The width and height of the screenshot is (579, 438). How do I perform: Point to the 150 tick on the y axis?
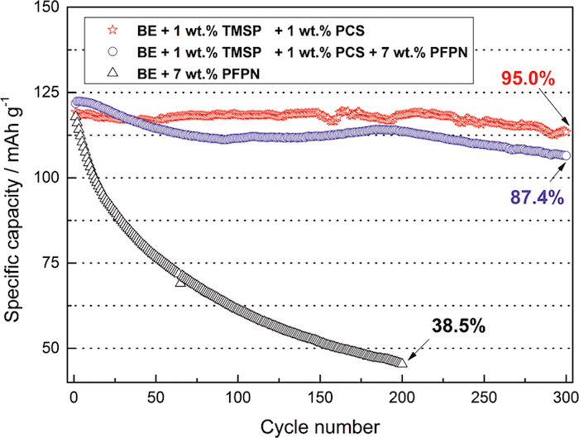(x=50, y=8)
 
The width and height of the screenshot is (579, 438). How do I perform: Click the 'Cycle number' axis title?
(x=320, y=425)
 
